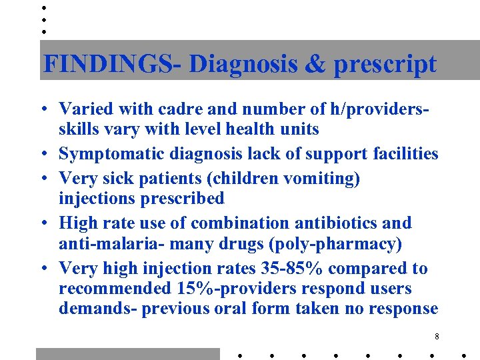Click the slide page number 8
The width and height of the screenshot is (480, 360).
coord(436,337)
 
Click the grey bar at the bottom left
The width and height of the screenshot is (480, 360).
coord(127,353)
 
